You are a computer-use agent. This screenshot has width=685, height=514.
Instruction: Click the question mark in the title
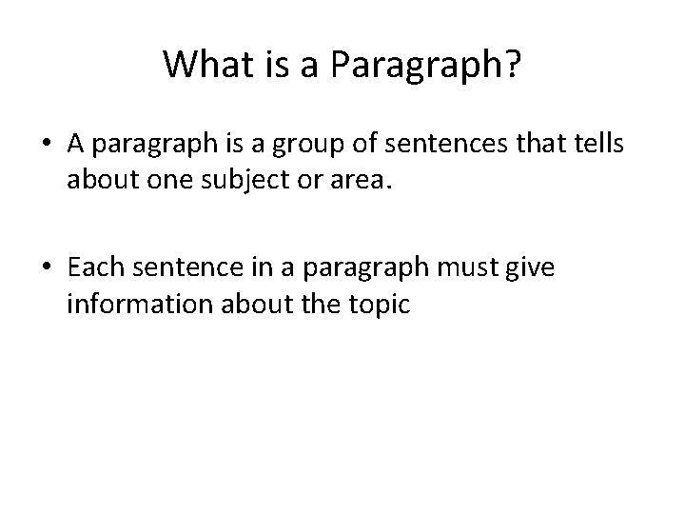coord(511,64)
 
